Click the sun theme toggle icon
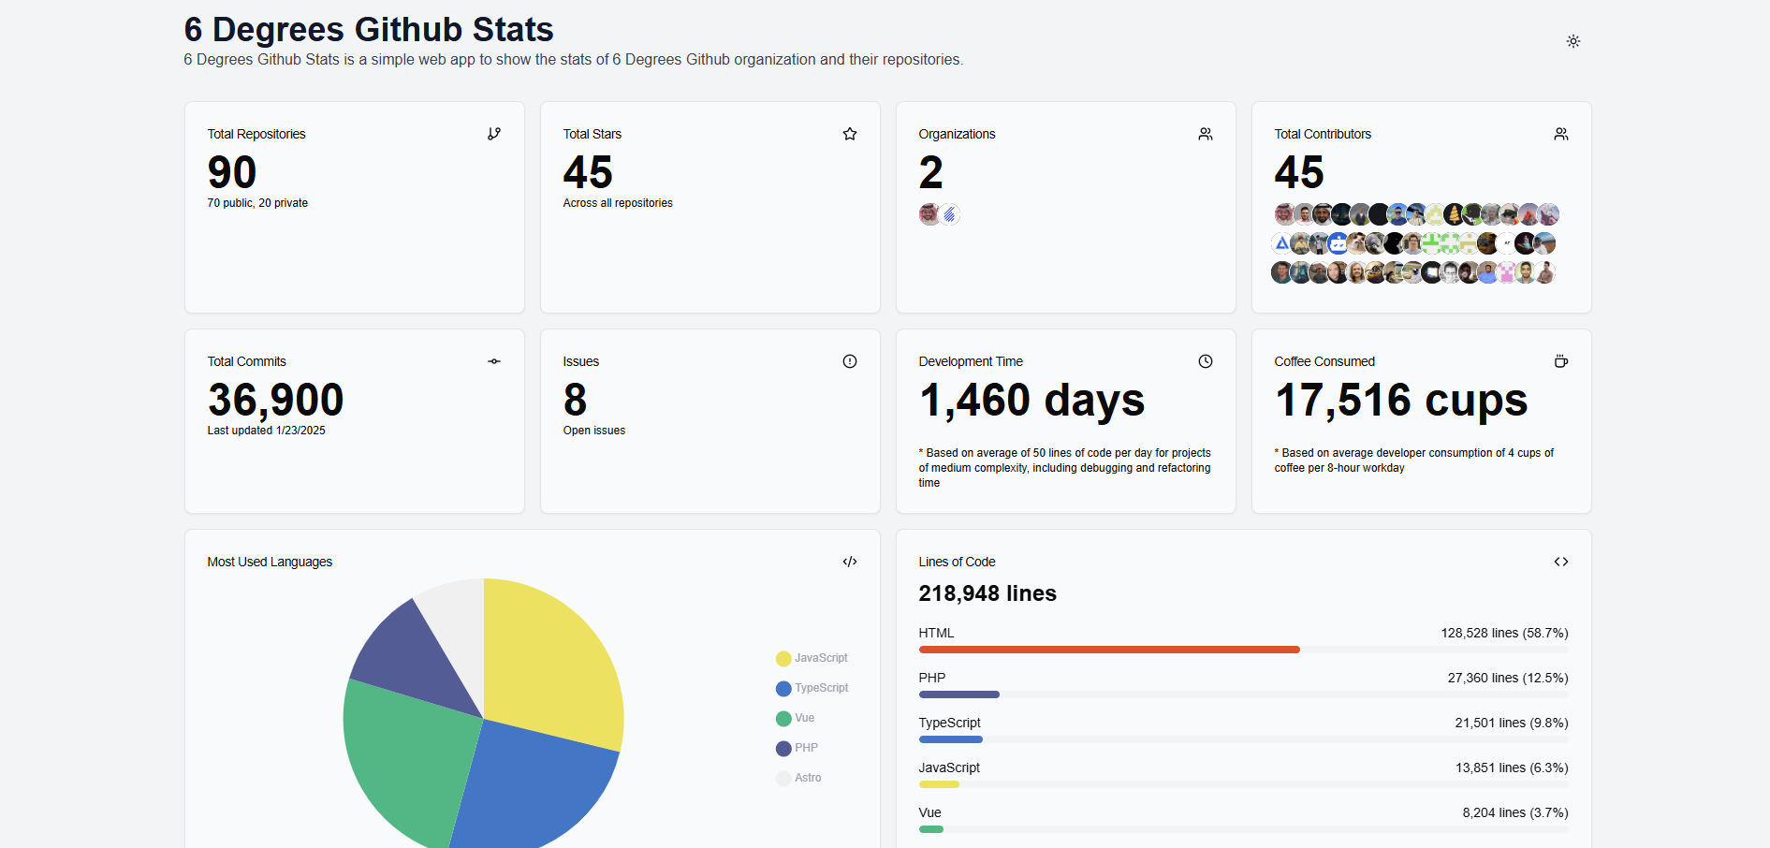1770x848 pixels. click(x=1573, y=41)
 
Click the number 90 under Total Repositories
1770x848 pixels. click(x=232, y=172)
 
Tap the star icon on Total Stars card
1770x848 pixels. click(x=849, y=134)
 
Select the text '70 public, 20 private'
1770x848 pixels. click(x=257, y=203)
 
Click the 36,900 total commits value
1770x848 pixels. click(x=275, y=400)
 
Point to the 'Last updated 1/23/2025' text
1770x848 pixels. click(x=266, y=431)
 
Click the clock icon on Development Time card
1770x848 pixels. click(x=1205, y=361)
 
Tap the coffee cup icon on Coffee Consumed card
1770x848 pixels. click(x=1560, y=361)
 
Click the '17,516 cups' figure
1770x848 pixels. click(x=1400, y=400)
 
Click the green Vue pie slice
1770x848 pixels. click(x=402, y=758)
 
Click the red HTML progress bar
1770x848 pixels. click(x=1108, y=650)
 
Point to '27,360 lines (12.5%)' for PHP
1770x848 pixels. click(x=1507, y=678)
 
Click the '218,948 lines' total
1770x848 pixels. click(x=987, y=593)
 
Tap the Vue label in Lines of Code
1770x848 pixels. click(x=929, y=812)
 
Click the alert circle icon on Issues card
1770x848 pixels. click(x=849, y=361)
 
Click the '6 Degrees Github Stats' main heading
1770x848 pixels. click(x=368, y=29)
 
